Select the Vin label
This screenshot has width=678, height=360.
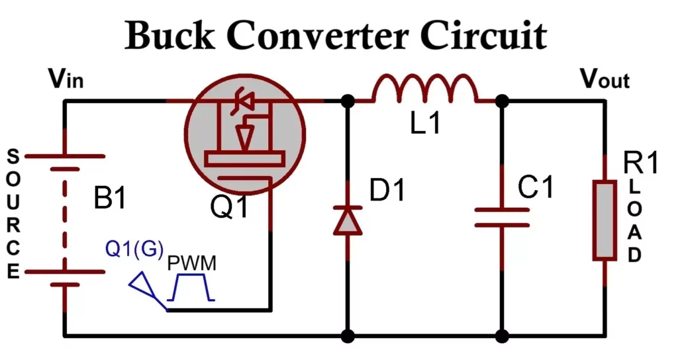[66, 79]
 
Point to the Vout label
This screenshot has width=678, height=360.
[605, 79]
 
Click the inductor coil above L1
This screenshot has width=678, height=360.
[424, 90]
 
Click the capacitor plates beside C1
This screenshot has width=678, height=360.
[502, 218]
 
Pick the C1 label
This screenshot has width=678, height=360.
[535, 189]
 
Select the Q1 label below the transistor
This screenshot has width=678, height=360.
[230, 208]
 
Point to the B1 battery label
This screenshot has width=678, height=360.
[109, 199]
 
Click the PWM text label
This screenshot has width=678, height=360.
[191, 263]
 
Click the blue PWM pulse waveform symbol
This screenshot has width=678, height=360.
[191, 288]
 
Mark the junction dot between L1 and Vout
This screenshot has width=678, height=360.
[502, 101]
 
